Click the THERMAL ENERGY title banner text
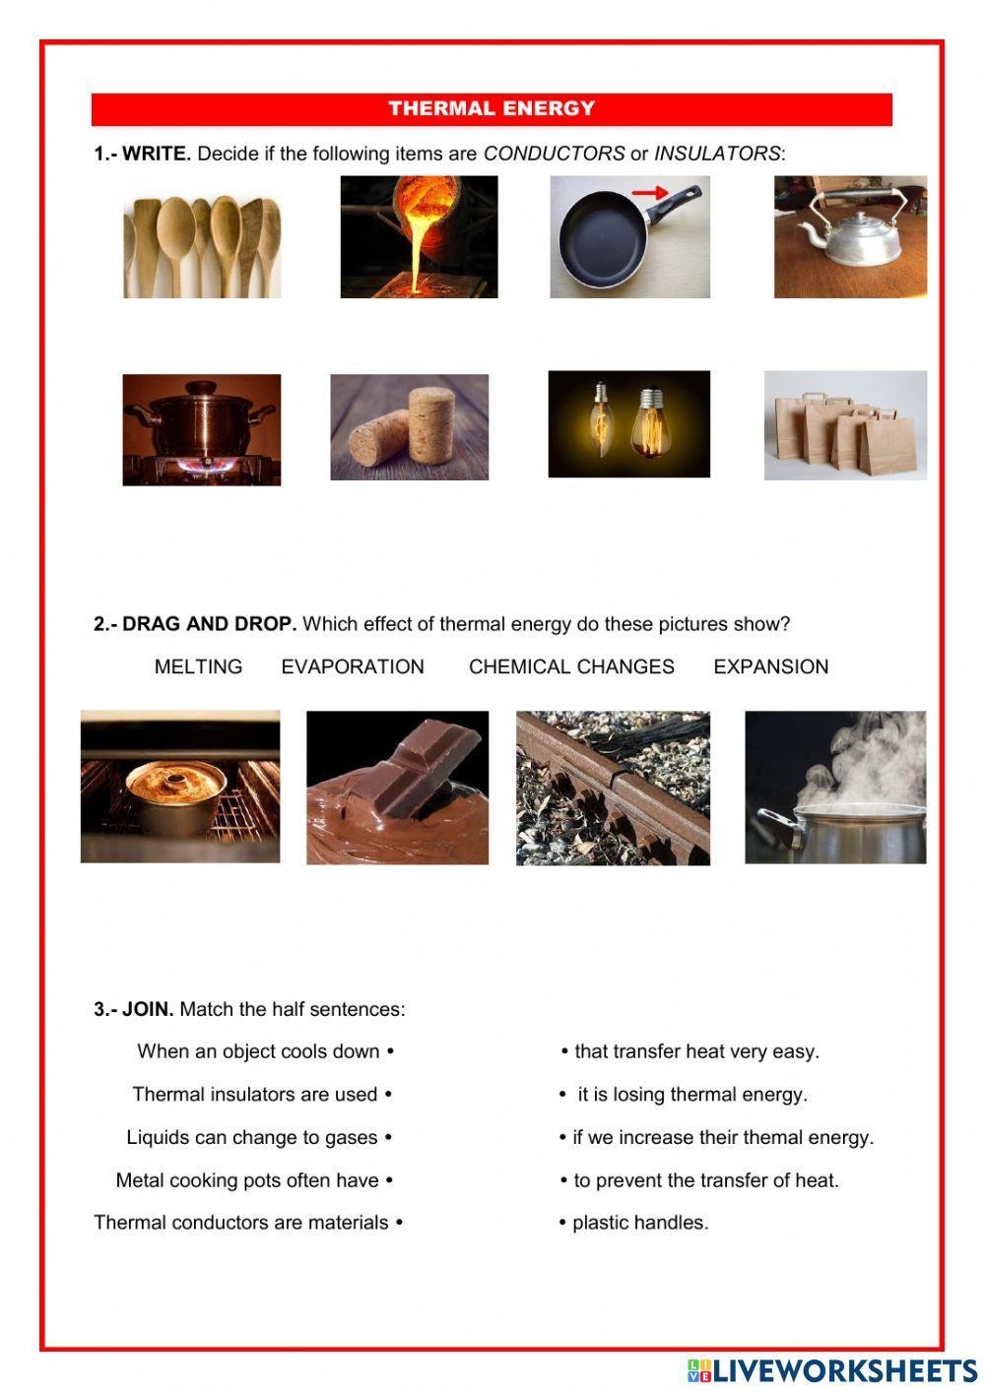coord(492,108)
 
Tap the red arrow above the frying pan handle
coord(649,194)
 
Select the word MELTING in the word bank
coord(198,666)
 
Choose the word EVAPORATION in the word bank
coord(353,666)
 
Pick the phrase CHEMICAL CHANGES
coord(571,666)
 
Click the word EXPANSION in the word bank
coord(770,666)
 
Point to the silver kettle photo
coord(850,236)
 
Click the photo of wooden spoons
coord(202,246)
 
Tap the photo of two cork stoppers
coord(409,426)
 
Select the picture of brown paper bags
coord(845,425)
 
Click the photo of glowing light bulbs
coord(628,424)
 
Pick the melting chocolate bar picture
coord(397,788)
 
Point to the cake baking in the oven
coord(180,787)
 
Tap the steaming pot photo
coord(835,788)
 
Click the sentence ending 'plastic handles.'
coord(639,1222)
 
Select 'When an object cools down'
coord(258,1051)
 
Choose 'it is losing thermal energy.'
coord(692,1094)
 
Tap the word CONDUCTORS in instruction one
coord(554,154)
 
